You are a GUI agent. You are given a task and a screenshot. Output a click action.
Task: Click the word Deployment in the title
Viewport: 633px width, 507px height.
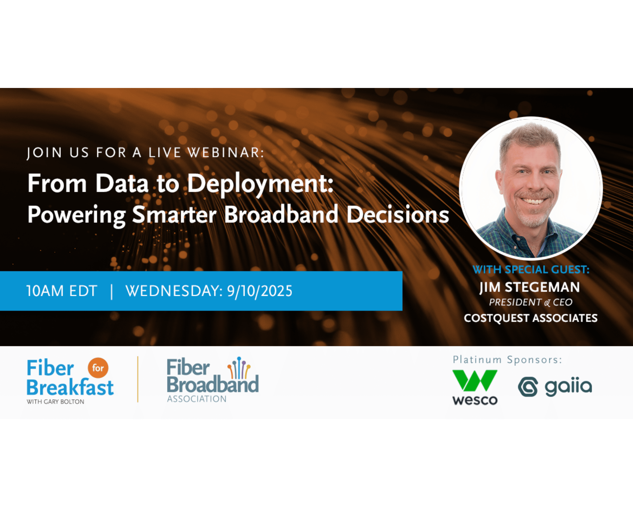[x=261, y=184]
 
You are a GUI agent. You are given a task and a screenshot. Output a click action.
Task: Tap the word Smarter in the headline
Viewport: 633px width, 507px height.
[x=174, y=214]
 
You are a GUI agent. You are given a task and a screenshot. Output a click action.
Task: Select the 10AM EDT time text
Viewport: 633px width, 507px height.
[x=62, y=291]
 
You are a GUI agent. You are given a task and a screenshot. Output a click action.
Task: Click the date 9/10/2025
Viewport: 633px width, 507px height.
[x=260, y=291]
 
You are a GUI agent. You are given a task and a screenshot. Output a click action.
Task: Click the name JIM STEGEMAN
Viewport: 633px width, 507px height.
[x=530, y=287]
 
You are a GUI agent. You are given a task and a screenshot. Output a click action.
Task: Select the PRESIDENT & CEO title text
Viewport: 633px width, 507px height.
[x=530, y=302]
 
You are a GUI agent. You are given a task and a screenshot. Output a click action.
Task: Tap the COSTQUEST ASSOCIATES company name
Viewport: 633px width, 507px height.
[x=530, y=318]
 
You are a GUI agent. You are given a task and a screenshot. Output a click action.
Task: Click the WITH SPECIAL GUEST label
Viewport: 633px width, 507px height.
[x=531, y=269]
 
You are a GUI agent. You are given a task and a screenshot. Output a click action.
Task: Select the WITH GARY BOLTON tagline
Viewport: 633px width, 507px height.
[x=55, y=402]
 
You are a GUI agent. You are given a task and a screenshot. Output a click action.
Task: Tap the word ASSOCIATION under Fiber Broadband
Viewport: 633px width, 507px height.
[x=197, y=399]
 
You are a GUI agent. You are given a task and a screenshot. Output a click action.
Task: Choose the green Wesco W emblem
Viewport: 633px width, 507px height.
[x=475, y=381]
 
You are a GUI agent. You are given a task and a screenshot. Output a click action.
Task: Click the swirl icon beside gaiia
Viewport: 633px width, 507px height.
[x=528, y=387]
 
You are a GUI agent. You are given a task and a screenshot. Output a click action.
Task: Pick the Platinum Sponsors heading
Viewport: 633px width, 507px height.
[x=507, y=360]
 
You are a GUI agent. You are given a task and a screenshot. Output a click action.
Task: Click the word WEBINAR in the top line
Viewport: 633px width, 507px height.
[x=226, y=153]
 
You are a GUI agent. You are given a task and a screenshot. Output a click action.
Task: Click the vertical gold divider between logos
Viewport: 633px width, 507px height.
[x=138, y=379]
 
